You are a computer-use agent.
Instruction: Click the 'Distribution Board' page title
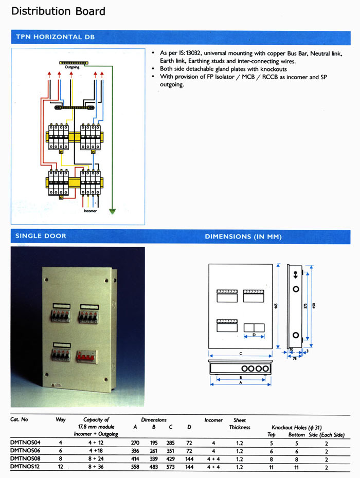(x=58, y=11)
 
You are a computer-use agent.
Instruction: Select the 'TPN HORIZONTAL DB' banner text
(x=55, y=37)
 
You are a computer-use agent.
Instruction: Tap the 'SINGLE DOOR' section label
(x=41, y=236)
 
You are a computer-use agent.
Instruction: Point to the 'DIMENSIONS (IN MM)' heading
(x=243, y=236)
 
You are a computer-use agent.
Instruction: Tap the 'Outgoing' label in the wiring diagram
(x=72, y=67)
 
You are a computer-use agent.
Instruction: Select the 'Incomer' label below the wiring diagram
(x=90, y=211)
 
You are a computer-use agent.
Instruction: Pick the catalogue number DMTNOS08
(x=26, y=459)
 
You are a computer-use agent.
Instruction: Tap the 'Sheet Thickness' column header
(x=240, y=424)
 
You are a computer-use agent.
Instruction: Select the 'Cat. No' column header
(x=19, y=420)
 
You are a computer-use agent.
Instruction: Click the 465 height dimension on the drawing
(x=276, y=306)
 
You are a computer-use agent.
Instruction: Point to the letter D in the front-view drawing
(x=254, y=335)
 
